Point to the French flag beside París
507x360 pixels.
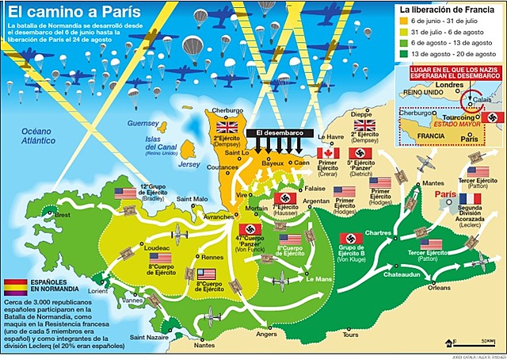point(470,199)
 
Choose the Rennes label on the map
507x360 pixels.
point(213,256)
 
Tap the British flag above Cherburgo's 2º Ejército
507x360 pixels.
point(227,126)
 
